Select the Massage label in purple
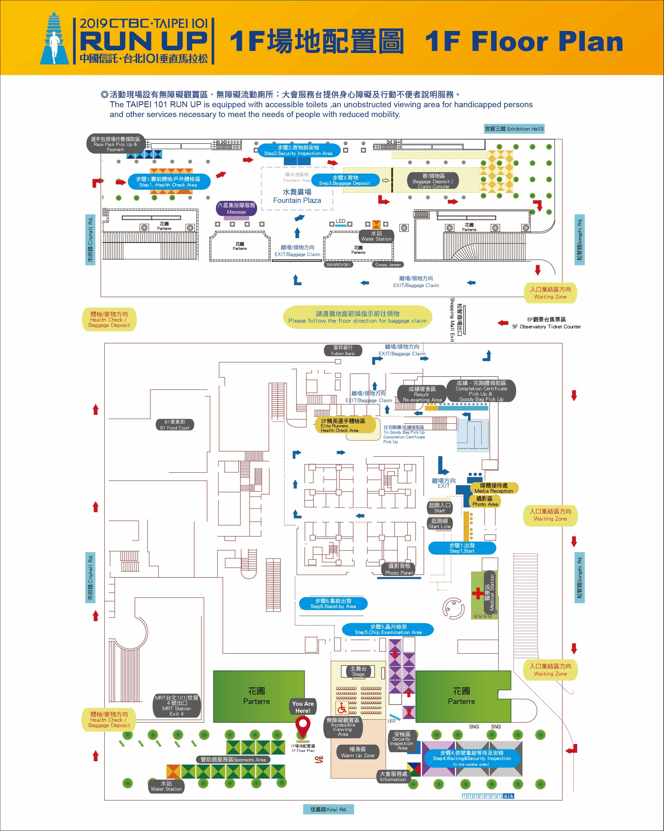pyautogui.click(x=236, y=209)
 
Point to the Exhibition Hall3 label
pyautogui.click(x=514, y=129)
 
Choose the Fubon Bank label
pyautogui.click(x=343, y=350)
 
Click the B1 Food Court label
pyautogui.click(x=175, y=425)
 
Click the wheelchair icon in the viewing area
pyautogui.click(x=342, y=708)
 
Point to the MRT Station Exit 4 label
pyautogui.click(x=177, y=706)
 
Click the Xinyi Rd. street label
pyautogui.click(x=328, y=809)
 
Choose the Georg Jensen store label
pyautogui.click(x=387, y=265)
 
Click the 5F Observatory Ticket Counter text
pyautogui.click(x=546, y=323)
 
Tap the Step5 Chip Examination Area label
pyautogui.click(x=388, y=630)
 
